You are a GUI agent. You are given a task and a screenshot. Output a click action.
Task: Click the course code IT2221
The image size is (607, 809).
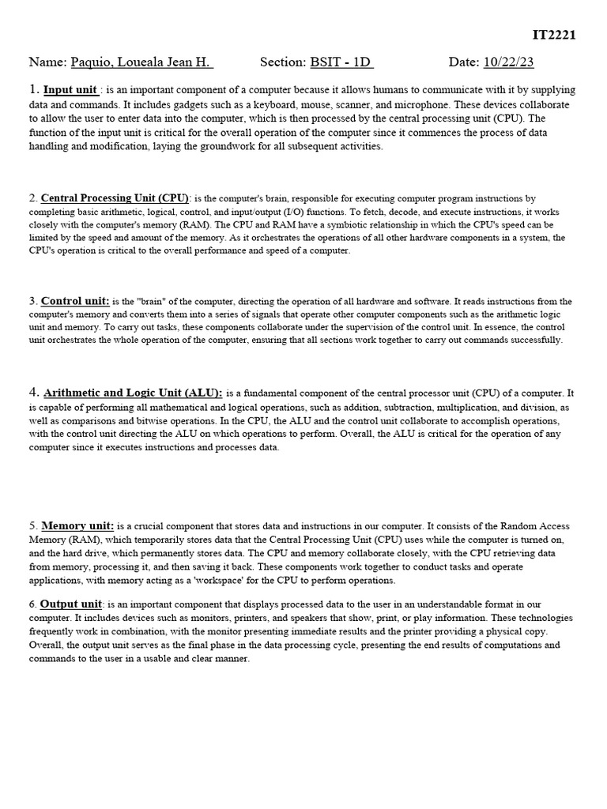pyautogui.click(x=554, y=35)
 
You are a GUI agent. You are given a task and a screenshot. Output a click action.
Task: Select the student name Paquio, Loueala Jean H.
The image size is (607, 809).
pyautogui.click(x=141, y=62)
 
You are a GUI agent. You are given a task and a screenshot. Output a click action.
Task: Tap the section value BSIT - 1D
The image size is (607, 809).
pyautogui.click(x=341, y=62)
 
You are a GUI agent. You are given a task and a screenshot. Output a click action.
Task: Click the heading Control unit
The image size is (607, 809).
pyautogui.click(x=75, y=301)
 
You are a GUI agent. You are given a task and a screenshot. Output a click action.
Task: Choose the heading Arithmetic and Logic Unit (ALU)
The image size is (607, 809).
pyautogui.click(x=133, y=393)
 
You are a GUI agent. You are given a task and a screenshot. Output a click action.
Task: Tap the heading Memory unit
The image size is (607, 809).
pyautogui.click(x=77, y=525)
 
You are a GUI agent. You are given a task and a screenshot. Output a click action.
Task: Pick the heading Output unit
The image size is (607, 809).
pyautogui.click(x=71, y=604)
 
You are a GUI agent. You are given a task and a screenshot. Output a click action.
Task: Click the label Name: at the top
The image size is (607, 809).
pyautogui.click(x=47, y=62)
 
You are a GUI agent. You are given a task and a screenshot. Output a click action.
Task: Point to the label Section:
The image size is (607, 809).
pyautogui.click(x=282, y=62)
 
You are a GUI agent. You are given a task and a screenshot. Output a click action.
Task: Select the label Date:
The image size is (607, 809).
pyautogui.click(x=463, y=62)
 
